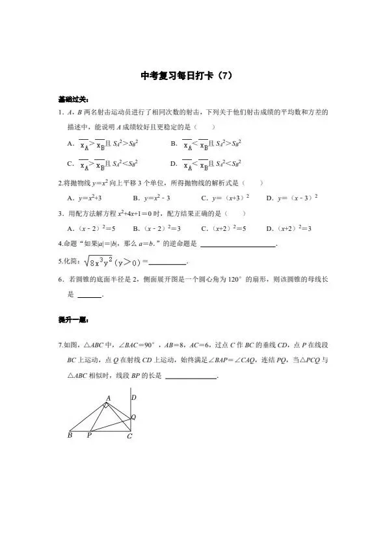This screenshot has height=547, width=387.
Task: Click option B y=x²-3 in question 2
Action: [152, 197]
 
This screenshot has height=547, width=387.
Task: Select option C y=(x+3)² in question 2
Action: [225, 197]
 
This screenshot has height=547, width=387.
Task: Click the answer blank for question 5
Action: [167, 263]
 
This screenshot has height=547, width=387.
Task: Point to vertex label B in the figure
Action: [70, 435]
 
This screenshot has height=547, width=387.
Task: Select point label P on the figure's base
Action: [89, 436]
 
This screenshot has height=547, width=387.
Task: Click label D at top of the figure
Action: [133, 397]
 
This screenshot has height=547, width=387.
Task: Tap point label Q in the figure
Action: [134, 416]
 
